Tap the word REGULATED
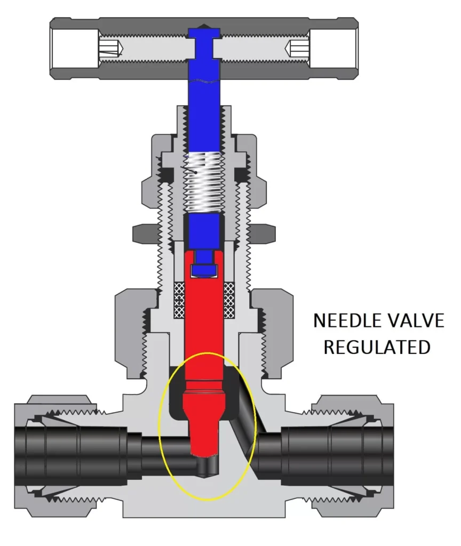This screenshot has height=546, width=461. click(x=377, y=347)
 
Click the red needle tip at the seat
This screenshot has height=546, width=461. click(x=205, y=448)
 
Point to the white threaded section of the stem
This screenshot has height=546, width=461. click(x=204, y=182)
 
